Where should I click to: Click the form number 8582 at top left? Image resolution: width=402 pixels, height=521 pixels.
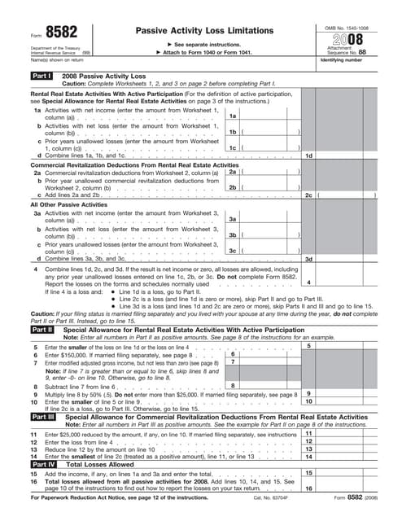(x=57, y=32)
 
